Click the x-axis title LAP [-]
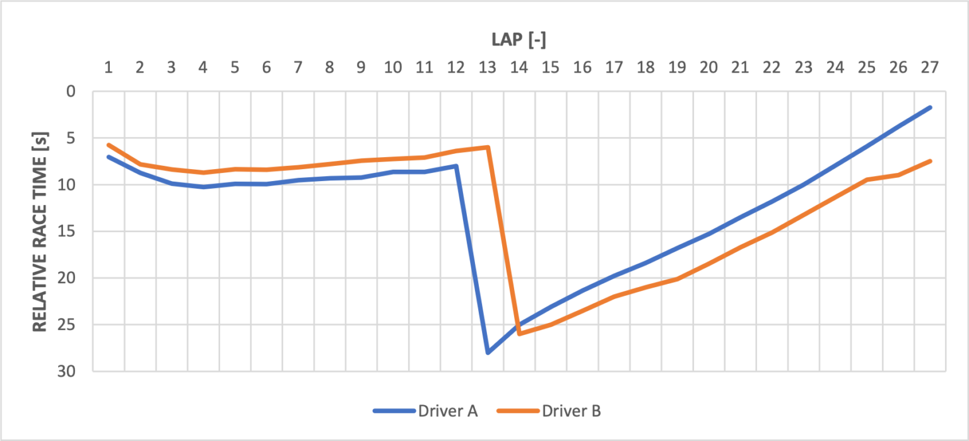coord(519,40)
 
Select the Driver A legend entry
coord(426,411)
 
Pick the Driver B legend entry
coord(549,411)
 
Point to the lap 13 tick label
coord(488,67)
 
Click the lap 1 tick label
coord(109,67)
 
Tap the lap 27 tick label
coord(929,67)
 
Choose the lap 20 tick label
coord(708,67)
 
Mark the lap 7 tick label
coord(298,67)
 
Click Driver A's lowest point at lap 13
coord(488,353)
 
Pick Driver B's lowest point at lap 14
coord(519,334)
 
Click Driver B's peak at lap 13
coord(488,147)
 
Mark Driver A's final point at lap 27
coord(929,107)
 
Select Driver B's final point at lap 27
coord(929,161)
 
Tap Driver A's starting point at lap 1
coord(109,156)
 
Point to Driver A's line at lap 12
coord(456,166)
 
